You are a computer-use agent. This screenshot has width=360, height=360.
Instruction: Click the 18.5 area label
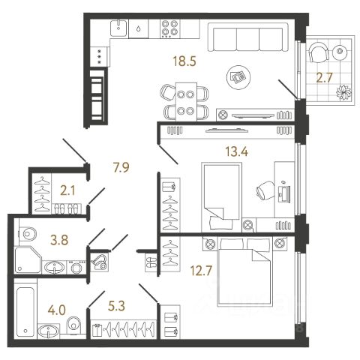coord(184,61)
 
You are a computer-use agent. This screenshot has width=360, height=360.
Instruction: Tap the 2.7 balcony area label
coord(325,78)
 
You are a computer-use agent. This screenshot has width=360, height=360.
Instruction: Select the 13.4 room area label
coord(236,151)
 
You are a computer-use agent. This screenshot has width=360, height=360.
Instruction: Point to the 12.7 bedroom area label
coord(201,271)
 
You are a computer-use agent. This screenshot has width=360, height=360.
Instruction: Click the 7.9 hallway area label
coord(121,167)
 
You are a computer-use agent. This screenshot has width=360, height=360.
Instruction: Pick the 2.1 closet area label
coord(67,191)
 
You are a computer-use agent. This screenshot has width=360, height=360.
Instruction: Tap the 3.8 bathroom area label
coord(59,240)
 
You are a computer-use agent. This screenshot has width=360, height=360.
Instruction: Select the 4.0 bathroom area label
coord(57,310)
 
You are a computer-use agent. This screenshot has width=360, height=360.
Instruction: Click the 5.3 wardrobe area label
coord(116,306)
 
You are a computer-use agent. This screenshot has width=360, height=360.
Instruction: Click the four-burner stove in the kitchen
coord(169,28)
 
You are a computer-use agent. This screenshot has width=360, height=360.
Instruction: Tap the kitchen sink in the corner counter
coord(118,28)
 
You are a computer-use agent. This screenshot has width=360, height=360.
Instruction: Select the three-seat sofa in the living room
coord(248,37)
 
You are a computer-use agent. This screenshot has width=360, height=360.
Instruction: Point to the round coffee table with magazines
coord(238,77)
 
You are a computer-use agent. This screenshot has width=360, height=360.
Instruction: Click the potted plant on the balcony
coord(343,92)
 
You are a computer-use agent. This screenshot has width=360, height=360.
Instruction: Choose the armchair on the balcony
coord(319,52)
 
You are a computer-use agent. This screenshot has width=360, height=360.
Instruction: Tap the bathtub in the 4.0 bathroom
coord(25,312)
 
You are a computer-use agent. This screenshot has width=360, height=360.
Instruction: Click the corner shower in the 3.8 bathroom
coord(28,260)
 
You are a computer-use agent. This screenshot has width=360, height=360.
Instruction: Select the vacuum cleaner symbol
coord(99,262)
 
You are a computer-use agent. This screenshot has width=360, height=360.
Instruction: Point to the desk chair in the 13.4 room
coord(265,190)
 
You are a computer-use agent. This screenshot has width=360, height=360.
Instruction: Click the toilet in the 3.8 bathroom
coord(28,234)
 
